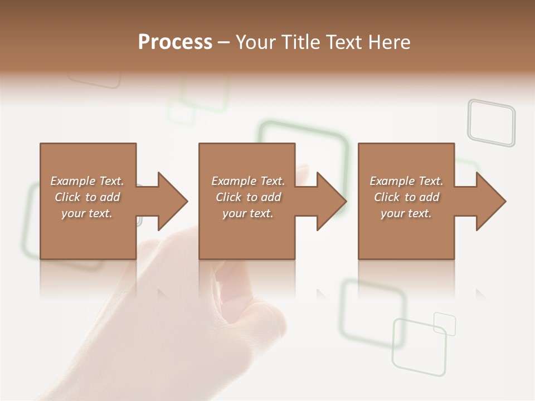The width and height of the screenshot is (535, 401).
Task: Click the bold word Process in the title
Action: point(175,42)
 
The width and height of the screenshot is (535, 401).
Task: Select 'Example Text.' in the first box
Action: point(87,181)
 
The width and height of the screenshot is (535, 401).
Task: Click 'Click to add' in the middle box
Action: point(248,197)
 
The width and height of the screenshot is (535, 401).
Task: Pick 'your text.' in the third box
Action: point(406,213)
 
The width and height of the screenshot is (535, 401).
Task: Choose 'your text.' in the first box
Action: point(87,213)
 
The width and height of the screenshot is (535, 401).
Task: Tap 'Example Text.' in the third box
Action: point(406,181)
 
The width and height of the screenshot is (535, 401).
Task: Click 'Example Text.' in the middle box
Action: point(248,181)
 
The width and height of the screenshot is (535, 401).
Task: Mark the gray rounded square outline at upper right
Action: point(491,123)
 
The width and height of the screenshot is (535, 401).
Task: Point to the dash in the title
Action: point(223,42)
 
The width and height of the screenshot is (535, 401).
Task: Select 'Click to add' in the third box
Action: point(406,197)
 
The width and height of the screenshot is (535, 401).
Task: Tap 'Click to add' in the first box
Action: point(87,197)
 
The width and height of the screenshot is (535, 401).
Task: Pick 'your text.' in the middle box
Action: point(248,213)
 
